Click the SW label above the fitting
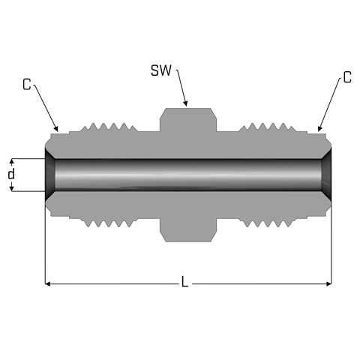point(161,70)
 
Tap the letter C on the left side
point(26,84)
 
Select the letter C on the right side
point(347,77)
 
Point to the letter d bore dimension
point(11,174)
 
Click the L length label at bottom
point(184,281)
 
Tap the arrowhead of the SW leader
point(185,103)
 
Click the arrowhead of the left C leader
point(56,128)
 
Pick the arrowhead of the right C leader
point(319,128)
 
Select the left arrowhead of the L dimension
point(48,283)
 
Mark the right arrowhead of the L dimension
point(328,283)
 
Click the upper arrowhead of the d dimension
point(11,162)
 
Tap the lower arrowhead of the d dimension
point(11,188)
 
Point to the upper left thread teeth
point(109,127)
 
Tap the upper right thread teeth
point(267,127)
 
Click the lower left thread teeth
point(109,223)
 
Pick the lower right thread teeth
point(267,223)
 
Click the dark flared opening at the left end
point(49,175)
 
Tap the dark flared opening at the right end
point(326,175)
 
